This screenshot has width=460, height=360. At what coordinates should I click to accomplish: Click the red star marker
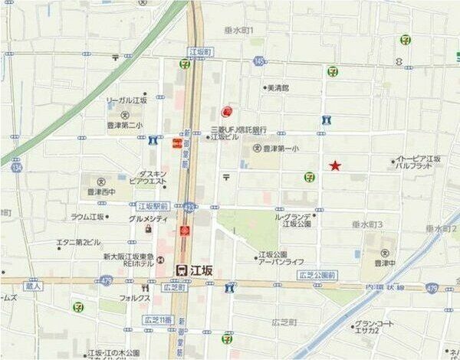(335, 165)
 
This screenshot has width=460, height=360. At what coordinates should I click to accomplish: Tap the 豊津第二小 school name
(125, 125)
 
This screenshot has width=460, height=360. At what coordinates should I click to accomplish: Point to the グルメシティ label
(148, 218)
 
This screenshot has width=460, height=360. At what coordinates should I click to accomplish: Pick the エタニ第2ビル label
(78, 242)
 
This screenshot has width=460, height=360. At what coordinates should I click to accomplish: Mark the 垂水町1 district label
(244, 30)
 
